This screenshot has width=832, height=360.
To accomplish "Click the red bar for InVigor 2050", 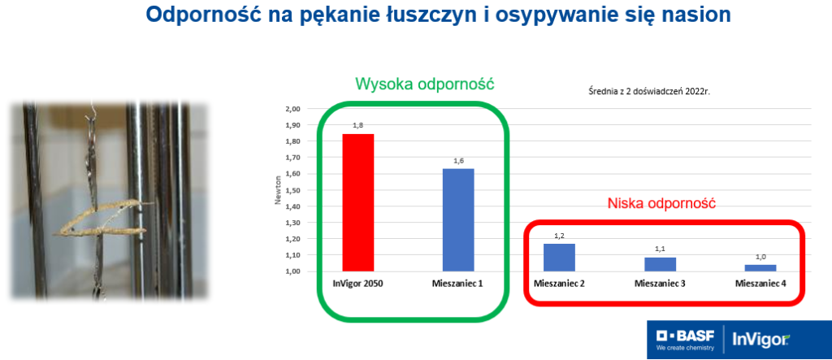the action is pyautogui.click(x=358, y=202).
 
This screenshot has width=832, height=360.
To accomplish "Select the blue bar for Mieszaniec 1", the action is pyautogui.click(x=458, y=220).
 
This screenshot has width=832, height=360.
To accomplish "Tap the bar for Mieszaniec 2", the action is pyautogui.click(x=559, y=258).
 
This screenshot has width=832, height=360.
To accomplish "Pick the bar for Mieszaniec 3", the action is pyautogui.click(x=660, y=264).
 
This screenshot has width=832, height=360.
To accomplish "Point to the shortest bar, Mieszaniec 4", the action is pyautogui.click(x=760, y=268).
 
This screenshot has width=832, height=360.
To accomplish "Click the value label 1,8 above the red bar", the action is pyautogui.click(x=358, y=125).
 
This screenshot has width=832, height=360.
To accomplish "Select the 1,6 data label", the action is pyautogui.click(x=458, y=160).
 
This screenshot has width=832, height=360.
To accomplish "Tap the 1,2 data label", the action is pyautogui.click(x=559, y=236).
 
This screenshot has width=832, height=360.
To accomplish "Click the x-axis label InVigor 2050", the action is pyautogui.click(x=358, y=284).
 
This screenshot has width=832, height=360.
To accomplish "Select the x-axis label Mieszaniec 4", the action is pyautogui.click(x=760, y=284).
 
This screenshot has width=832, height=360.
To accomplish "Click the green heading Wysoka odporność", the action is pyautogui.click(x=424, y=84).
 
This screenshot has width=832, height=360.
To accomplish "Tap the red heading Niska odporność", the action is pyautogui.click(x=661, y=203).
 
